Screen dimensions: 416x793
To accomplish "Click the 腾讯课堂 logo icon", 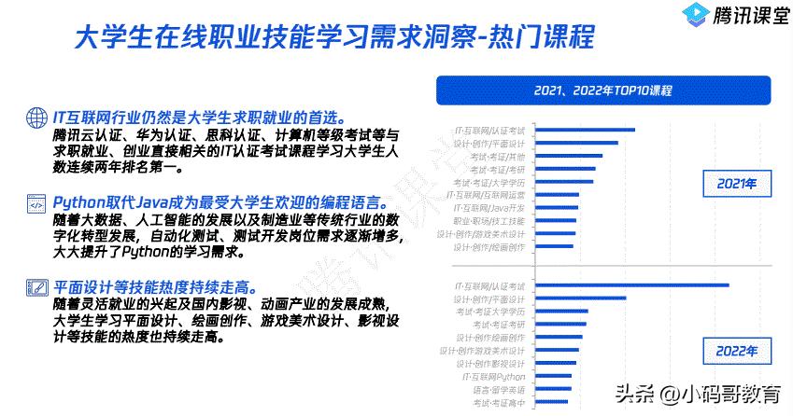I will [695, 16].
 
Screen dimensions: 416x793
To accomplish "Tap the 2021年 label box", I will [735, 184].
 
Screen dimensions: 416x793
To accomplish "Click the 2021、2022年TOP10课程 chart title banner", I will [603, 90].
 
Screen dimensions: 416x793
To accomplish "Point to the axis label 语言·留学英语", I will [498, 389].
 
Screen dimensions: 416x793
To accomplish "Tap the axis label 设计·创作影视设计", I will [489, 363].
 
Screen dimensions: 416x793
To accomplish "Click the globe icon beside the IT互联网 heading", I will [35, 118].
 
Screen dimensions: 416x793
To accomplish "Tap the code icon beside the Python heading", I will [35, 202].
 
